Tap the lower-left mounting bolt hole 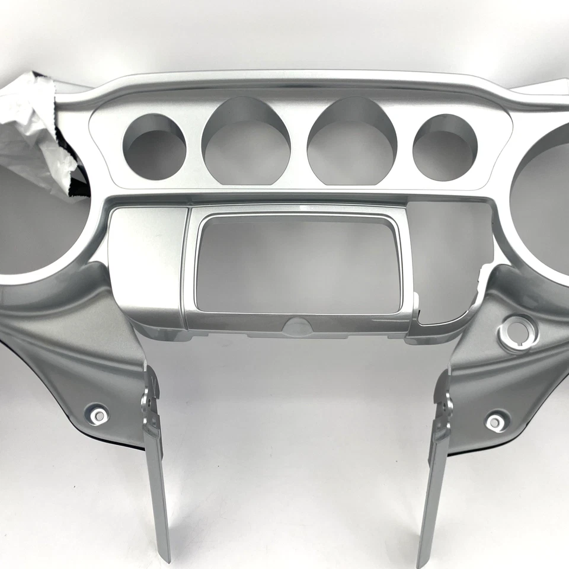click(98, 414)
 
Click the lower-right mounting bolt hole click(495, 422)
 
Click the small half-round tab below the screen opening click(298, 325)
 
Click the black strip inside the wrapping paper click(74, 172)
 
